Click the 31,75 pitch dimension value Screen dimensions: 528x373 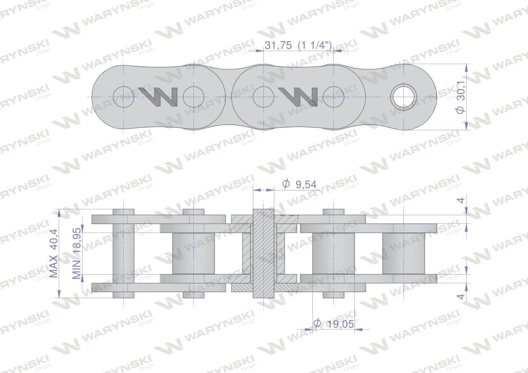[278, 45]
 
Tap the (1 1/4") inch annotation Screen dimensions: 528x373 [315, 45]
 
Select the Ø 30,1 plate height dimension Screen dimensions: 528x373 [461, 97]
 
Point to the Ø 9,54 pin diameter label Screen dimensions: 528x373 [299, 184]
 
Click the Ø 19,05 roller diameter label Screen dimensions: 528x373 [334, 324]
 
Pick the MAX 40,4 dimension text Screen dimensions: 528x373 [54, 254]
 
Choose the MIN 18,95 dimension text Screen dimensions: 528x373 [77, 253]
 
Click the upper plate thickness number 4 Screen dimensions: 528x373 [461, 200]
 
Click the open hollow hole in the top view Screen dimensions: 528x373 [403, 97]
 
